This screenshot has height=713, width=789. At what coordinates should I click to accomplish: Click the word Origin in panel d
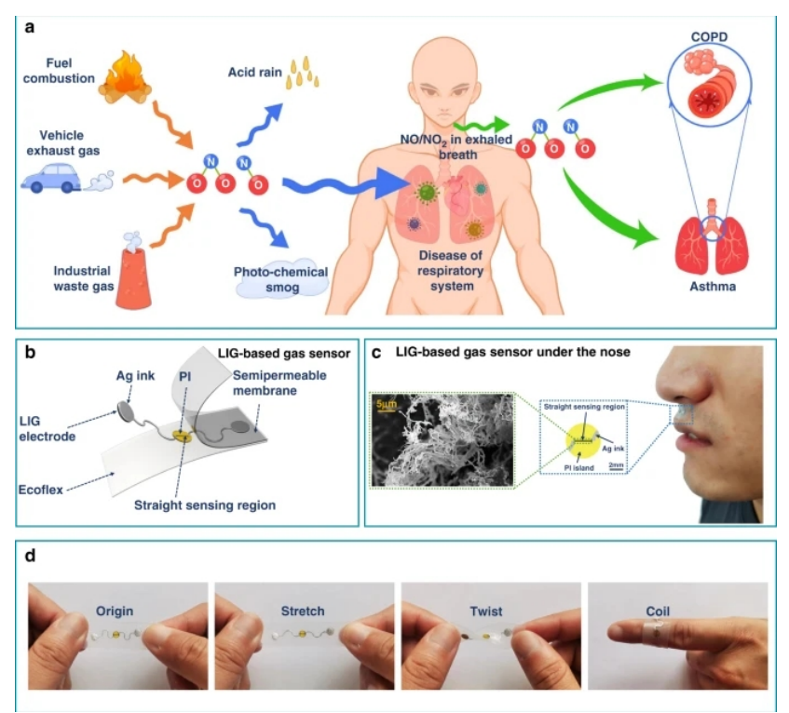(x=114, y=612)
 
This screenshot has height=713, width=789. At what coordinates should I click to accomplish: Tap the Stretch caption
(x=302, y=612)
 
